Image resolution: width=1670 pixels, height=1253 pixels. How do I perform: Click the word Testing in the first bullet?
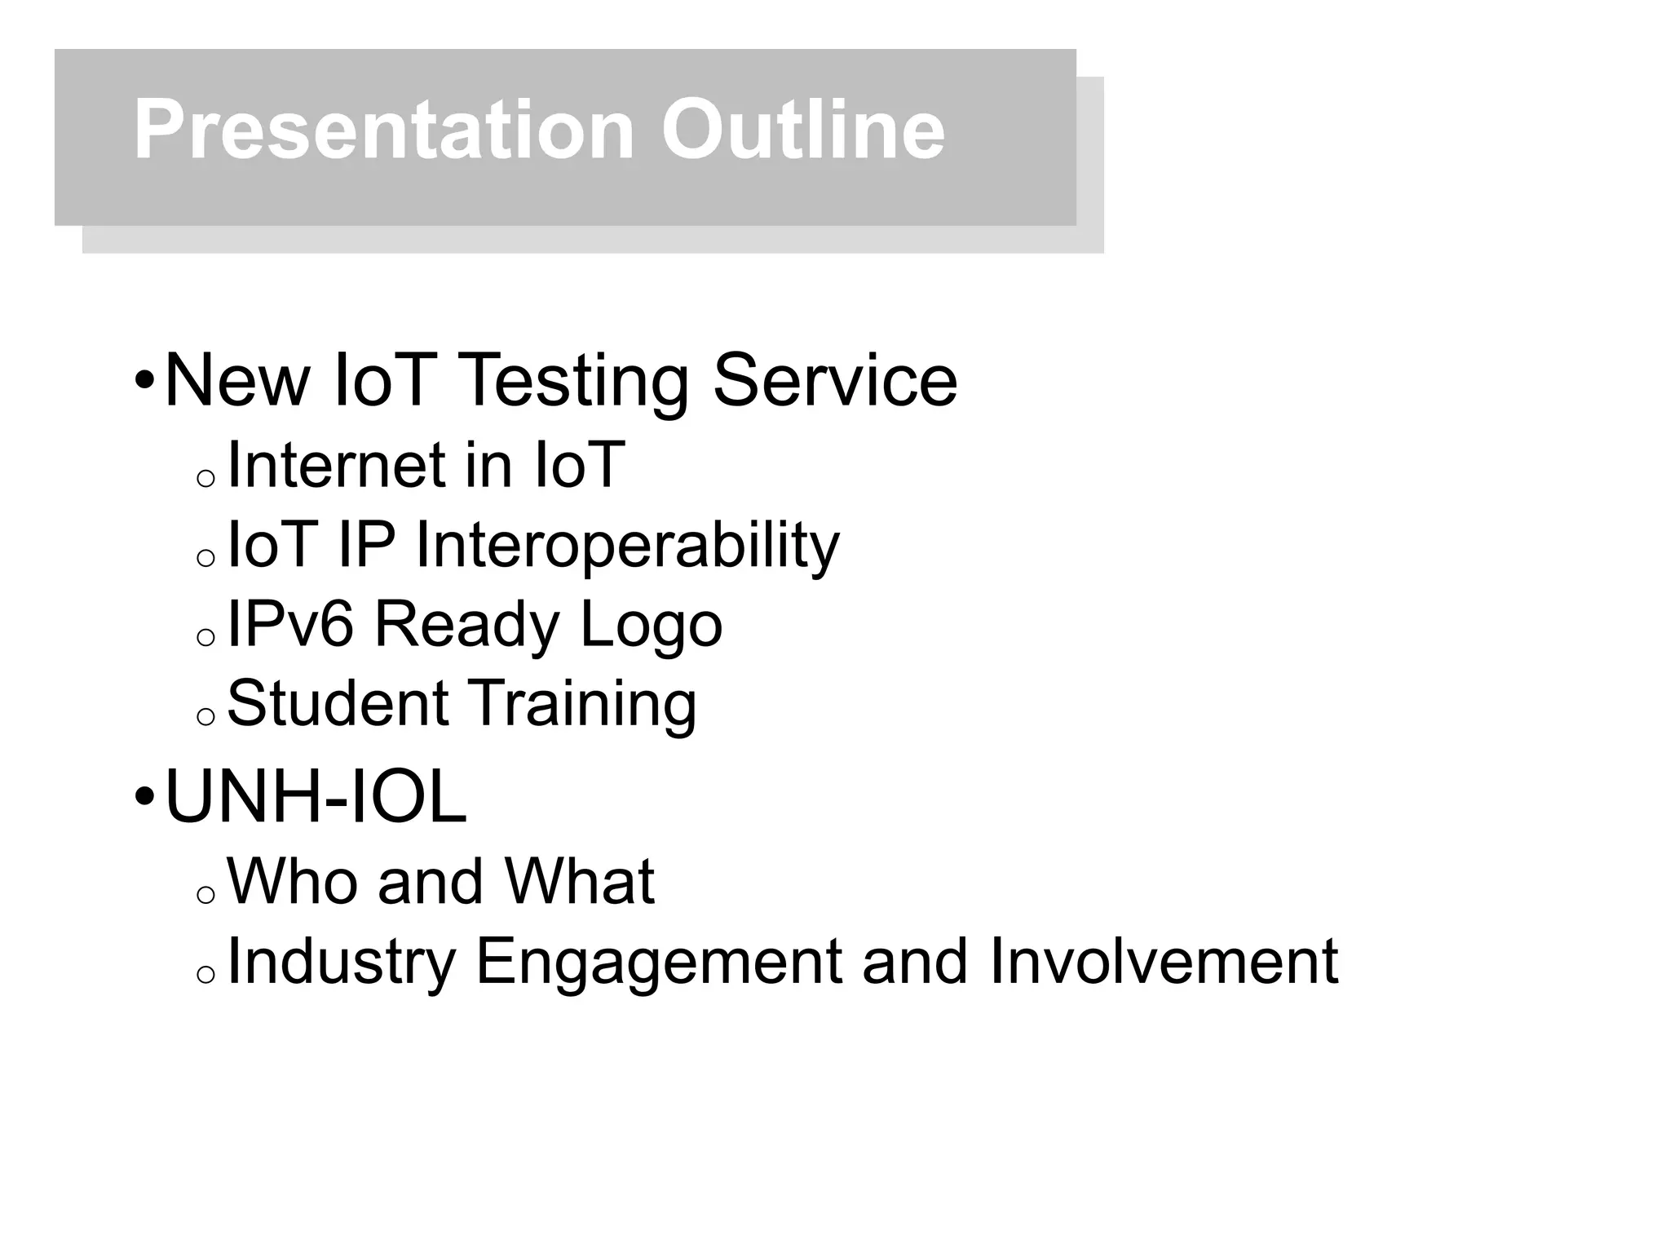[575, 381]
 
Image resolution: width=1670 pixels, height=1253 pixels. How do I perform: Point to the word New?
[237, 381]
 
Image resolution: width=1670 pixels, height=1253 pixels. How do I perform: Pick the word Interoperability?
[627, 545]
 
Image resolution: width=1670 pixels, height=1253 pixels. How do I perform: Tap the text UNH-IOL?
[316, 798]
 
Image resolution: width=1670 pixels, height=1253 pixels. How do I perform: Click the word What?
[579, 882]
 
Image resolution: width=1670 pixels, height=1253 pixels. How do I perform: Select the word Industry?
[341, 963]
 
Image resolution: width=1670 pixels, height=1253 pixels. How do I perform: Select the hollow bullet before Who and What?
[205, 896]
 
